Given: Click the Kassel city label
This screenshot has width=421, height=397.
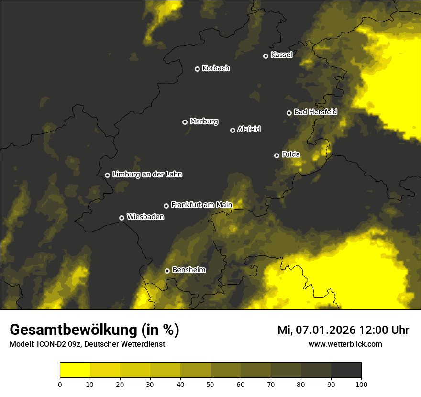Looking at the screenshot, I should [281, 55].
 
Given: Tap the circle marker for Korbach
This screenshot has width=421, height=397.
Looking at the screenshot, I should [197, 69].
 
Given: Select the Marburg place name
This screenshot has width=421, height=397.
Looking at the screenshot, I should [204, 121].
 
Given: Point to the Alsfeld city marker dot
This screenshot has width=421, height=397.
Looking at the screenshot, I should [233, 130].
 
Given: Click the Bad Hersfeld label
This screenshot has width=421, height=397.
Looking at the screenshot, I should [315, 112].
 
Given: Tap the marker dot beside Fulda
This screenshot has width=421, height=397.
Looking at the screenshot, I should [277, 155].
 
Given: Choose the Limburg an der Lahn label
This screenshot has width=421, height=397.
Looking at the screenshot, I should [147, 175].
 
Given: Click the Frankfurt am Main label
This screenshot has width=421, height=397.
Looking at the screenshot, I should [201, 205].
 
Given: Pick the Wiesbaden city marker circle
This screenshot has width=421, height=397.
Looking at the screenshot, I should [122, 218].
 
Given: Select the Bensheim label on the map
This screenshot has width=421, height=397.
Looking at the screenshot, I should [188, 270].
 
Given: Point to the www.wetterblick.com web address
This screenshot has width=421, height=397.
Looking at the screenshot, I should [345, 344].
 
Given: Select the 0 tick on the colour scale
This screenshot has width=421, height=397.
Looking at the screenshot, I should [60, 384].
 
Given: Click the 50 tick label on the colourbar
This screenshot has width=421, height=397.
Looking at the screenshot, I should [210, 384].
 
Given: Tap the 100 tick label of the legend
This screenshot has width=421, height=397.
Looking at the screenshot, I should [361, 384].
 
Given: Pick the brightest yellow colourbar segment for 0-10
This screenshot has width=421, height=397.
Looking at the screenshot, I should [75, 370].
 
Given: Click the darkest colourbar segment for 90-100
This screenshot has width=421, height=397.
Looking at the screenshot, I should [346, 370].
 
